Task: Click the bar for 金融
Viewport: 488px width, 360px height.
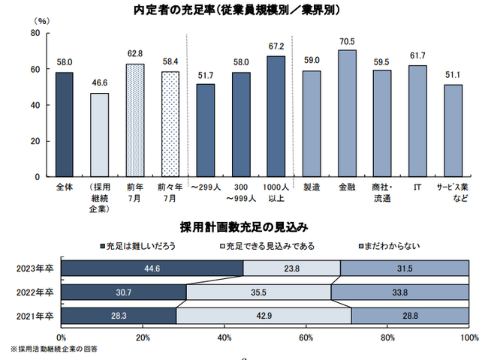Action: click(347, 113)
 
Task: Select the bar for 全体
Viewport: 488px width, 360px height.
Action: click(65, 124)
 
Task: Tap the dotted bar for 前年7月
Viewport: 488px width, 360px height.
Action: click(135, 120)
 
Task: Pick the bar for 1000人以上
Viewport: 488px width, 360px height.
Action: click(276, 116)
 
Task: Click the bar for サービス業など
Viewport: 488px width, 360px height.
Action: click(453, 130)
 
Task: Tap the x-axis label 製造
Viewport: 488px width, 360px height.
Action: click(312, 185)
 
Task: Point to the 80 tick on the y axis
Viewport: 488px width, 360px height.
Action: click(35, 34)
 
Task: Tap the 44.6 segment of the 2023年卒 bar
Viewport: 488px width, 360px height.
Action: click(152, 268)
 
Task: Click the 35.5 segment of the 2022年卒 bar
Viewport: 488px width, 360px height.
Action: click(258, 292)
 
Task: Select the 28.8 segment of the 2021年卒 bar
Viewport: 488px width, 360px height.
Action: click(410, 316)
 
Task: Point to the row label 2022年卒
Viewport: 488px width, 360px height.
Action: click(32, 292)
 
